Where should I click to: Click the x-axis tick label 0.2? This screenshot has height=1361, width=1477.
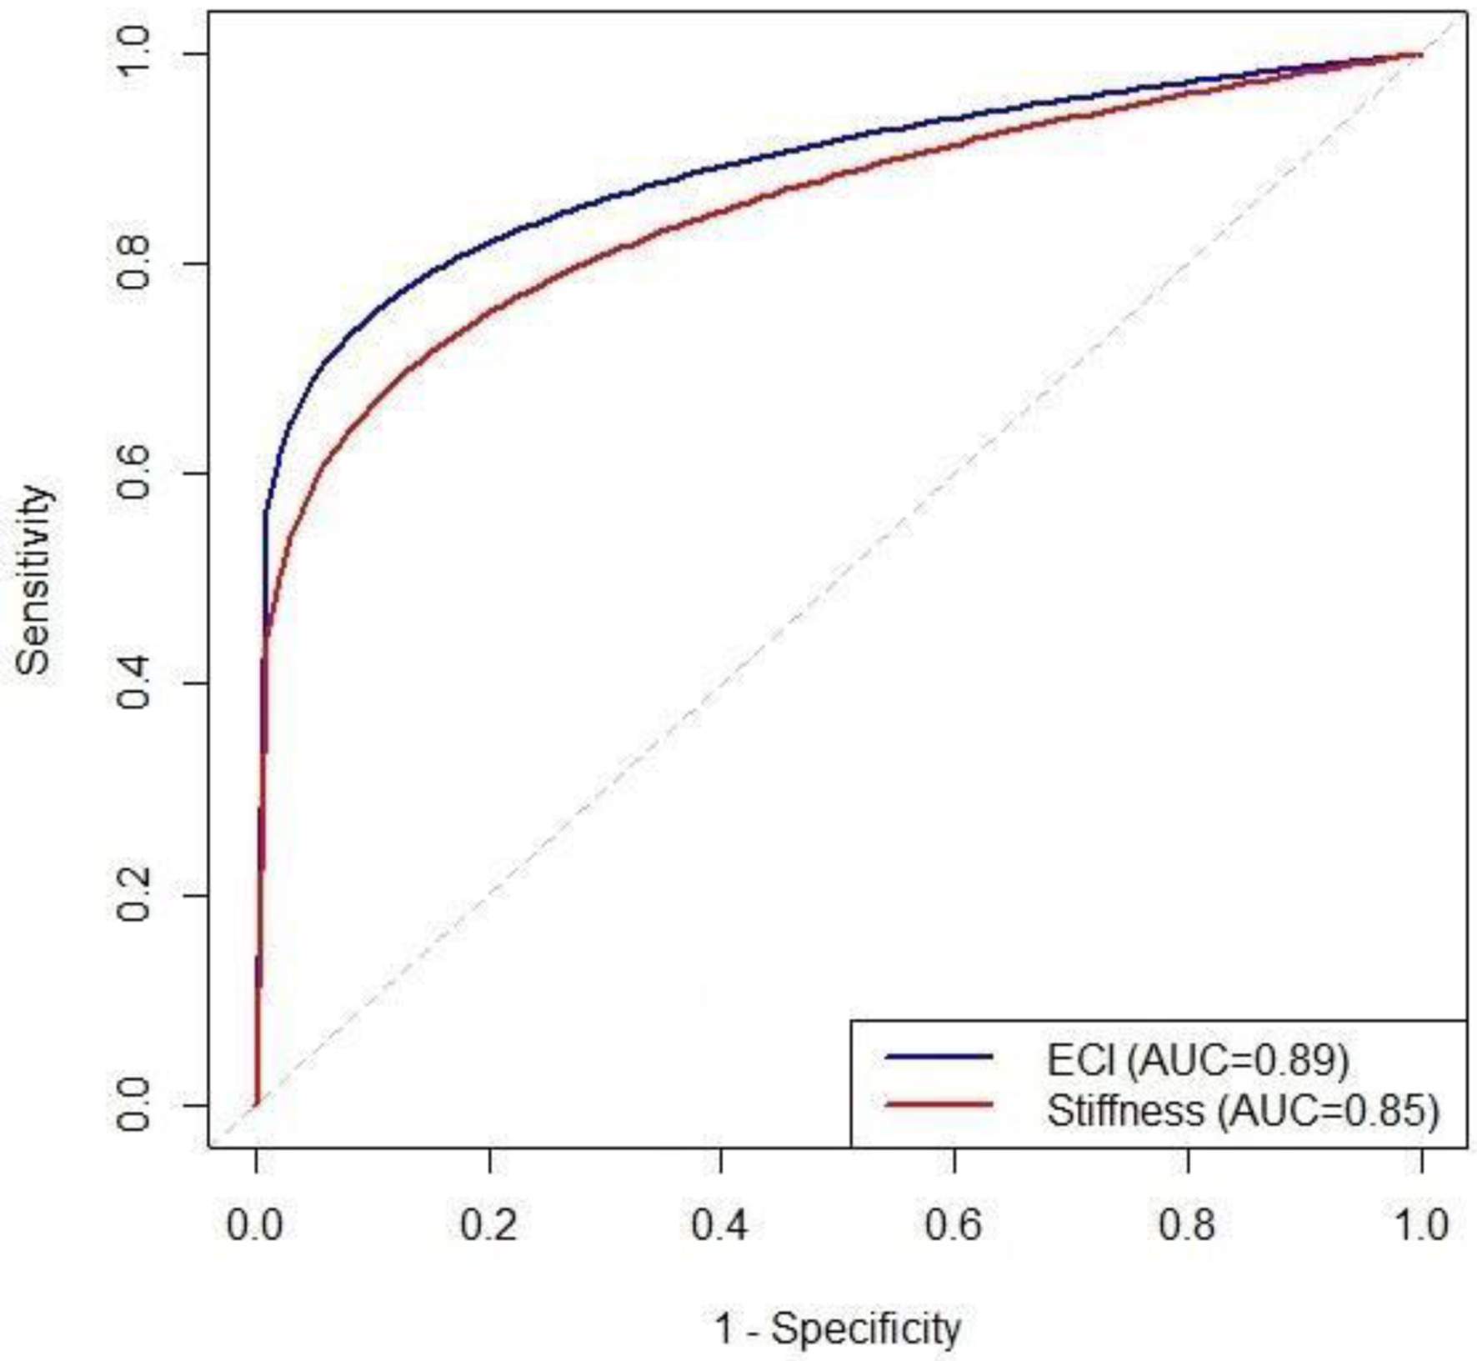[489, 1225]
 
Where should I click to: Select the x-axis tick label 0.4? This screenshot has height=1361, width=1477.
[721, 1225]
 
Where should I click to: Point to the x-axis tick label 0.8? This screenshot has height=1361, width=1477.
[1188, 1225]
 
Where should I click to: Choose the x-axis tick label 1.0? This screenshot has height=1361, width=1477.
[1421, 1225]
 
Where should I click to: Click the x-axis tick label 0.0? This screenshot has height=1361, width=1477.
[256, 1225]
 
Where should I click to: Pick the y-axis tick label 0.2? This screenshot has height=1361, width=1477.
[133, 895]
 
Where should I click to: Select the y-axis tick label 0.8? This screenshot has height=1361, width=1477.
[133, 263]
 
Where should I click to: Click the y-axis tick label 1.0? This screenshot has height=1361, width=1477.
[133, 53]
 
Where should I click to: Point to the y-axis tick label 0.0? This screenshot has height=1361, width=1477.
[133, 1105]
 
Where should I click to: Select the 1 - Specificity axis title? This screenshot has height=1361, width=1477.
[838, 1328]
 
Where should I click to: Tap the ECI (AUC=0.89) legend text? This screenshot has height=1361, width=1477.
[1198, 1059]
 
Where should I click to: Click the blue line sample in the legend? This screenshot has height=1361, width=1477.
[939, 1057]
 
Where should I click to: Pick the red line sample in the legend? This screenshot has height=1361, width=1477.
[939, 1105]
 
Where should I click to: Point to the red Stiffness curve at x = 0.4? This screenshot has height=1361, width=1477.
[721, 210]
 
